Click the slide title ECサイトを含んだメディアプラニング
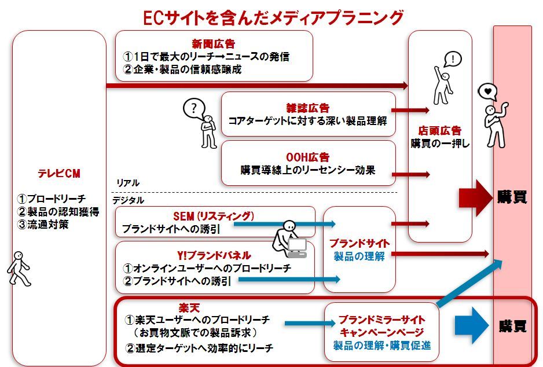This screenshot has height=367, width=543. point(273,17)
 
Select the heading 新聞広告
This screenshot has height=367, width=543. point(214,43)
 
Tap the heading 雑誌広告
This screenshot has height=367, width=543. point(307,108)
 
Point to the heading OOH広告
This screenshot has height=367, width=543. point(307,157)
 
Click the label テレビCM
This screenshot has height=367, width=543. point(59,174)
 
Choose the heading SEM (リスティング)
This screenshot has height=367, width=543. point(214,216)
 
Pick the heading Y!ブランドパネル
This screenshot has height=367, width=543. point(214,255)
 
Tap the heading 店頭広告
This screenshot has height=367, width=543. point(440,131)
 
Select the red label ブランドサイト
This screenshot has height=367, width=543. point(359,243)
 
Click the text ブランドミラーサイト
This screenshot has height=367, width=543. point(382,320)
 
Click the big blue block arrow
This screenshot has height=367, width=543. point(472,325)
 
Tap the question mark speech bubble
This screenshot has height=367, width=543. point(195,108)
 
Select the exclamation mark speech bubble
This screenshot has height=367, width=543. point(453,58)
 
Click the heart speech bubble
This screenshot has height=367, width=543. point(488,91)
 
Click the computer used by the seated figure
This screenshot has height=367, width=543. point(297,248)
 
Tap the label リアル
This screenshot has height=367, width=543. point(127,183)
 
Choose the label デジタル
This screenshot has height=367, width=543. point(129,200)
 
